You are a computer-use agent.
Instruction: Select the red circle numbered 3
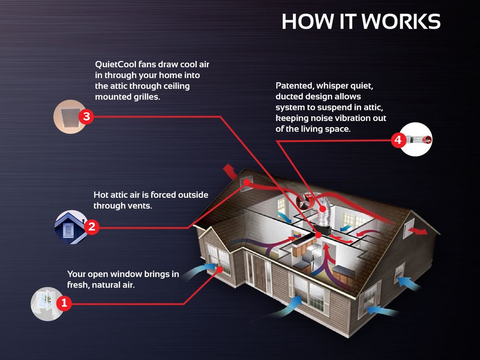[x=85, y=117]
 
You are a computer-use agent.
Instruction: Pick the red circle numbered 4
[x=397, y=140]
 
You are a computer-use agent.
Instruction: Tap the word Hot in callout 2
[x=102, y=195]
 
